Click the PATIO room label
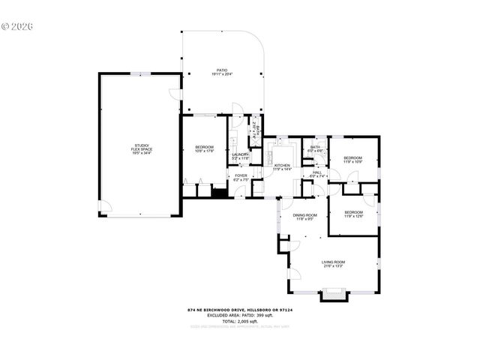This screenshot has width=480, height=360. [222, 70]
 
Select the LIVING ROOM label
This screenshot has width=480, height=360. [331, 261]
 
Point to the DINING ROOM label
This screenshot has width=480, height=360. [304, 215]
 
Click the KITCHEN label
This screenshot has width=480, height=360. [282, 165]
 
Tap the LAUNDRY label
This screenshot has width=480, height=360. [240, 154]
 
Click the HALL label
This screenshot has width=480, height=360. [316, 172]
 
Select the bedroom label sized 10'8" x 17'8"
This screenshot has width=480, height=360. [205, 146]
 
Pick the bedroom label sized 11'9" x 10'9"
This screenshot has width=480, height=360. [352, 157]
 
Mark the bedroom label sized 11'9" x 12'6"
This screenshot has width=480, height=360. [353, 211]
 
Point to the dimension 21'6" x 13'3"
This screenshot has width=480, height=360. [331, 265]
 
